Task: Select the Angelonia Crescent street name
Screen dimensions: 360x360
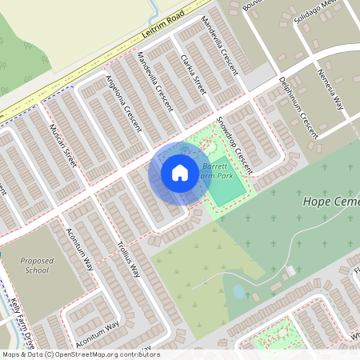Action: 123,103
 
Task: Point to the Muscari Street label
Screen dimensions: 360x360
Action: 62,145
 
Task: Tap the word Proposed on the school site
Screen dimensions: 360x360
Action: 37,261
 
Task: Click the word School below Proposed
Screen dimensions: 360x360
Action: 37,270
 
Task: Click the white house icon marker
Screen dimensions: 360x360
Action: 180,172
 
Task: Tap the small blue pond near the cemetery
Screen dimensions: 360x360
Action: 238,292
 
